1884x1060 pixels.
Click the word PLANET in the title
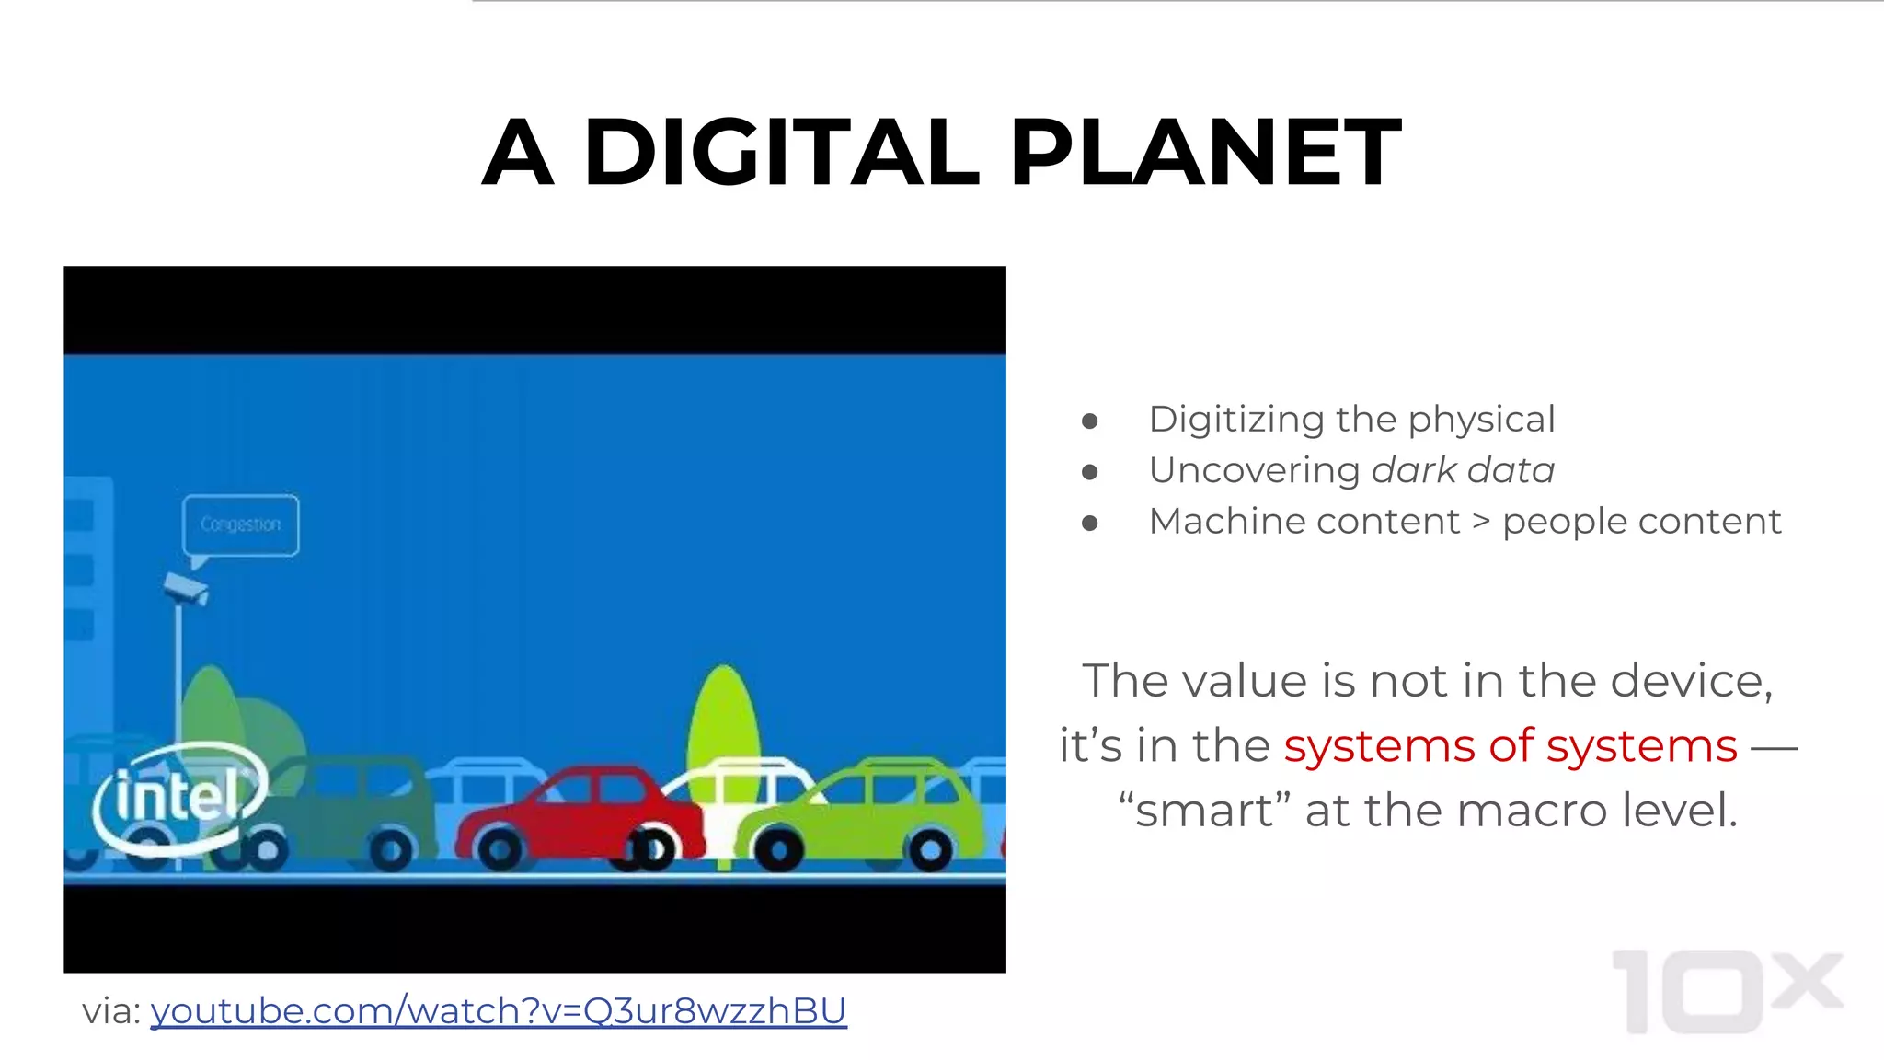pyautogui.click(x=1205, y=153)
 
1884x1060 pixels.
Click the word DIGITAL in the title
pyautogui.click(x=781, y=153)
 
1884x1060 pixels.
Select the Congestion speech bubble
pyautogui.click(x=241, y=524)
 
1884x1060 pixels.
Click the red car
pyautogui.click(x=575, y=814)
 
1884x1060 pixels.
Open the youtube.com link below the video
pyautogui.click(x=498, y=1010)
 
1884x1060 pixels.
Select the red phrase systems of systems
pyautogui.click(x=1511, y=745)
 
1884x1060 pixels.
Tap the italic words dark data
pyautogui.click(x=1463, y=470)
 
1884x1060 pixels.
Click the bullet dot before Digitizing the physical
pyautogui.click(x=1090, y=421)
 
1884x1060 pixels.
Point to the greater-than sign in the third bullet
pyautogui.click(x=1481, y=522)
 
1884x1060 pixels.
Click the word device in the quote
pyautogui.click(x=1691, y=681)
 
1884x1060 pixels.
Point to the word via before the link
pyautogui.click(x=109, y=1011)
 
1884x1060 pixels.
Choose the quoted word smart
pyautogui.click(x=1204, y=811)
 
